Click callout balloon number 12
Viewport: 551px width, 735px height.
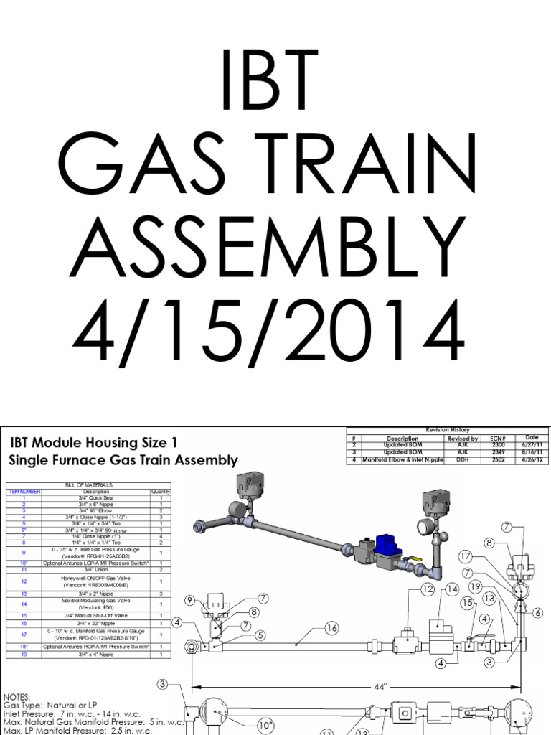click(428, 589)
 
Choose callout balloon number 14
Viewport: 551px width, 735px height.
click(452, 589)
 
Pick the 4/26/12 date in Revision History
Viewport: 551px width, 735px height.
click(531, 459)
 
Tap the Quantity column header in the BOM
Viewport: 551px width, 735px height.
click(159, 492)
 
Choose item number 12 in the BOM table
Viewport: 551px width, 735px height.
click(24, 581)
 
